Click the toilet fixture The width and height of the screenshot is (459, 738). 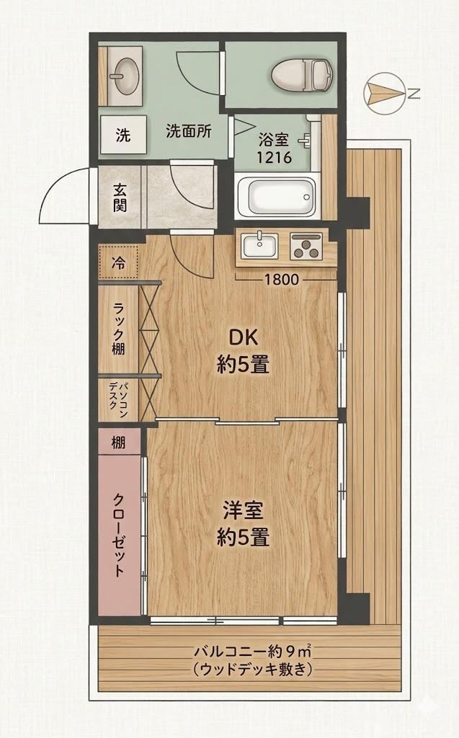(x=302, y=76)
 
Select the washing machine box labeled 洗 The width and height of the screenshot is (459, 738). (x=123, y=135)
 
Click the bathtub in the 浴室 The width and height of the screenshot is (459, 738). (x=275, y=197)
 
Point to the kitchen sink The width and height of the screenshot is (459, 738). (x=259, y=246)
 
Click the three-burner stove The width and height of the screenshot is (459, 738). (x=306, y=246)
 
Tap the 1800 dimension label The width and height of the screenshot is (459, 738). (x=282, y=280)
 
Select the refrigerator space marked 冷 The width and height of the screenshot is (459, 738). (x=118, y=262)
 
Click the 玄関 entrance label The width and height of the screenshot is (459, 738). (x=120, y=197)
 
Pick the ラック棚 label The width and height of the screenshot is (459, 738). (x=119, y=329)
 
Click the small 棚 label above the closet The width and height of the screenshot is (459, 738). (x=119, y=443)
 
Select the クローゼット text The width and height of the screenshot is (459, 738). (x=119, y=535)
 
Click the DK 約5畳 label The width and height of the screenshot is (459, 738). (x=243, y=351)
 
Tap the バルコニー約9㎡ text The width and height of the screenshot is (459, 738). (x=252, y=652)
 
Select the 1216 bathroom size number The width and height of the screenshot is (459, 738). (x=274, y=156)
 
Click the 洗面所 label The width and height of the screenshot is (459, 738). (x=189, y=131)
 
